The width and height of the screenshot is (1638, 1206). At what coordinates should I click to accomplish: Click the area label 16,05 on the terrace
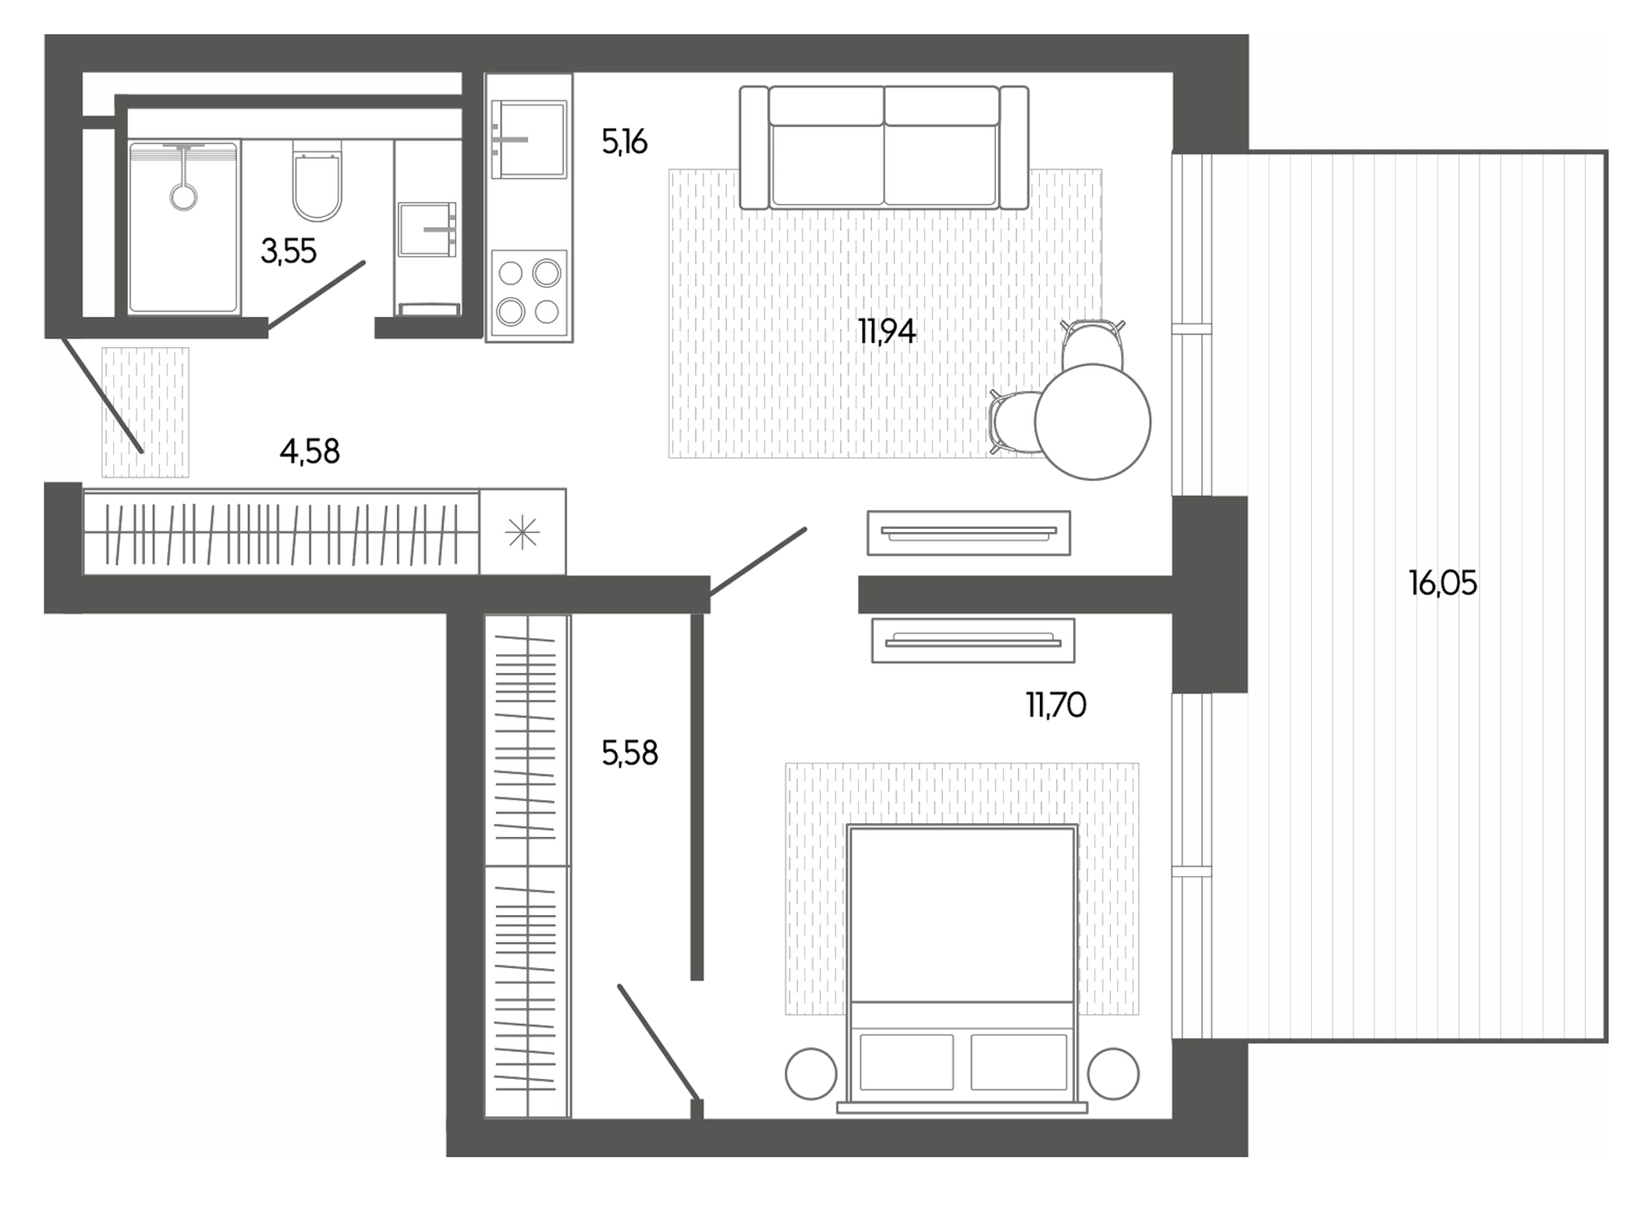1442,583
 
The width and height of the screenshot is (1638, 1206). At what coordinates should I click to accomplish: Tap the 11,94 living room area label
886,332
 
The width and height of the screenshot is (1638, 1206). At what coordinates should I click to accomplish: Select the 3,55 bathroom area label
289,252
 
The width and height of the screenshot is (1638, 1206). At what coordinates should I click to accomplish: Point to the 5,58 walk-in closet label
629,754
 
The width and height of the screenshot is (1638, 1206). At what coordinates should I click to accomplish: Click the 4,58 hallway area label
310,452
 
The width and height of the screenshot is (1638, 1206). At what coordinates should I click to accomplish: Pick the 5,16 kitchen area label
624,143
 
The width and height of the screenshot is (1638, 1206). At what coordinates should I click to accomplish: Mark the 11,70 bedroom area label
1055,705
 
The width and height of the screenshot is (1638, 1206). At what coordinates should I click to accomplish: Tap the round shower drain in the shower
183,197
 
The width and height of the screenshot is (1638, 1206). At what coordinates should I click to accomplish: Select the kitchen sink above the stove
531,140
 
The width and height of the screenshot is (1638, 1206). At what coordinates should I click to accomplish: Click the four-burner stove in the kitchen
529,293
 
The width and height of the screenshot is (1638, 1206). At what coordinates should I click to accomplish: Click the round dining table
1092,422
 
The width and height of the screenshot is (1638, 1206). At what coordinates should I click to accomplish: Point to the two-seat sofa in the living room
884,148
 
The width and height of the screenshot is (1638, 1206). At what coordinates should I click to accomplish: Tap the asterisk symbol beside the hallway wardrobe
522,534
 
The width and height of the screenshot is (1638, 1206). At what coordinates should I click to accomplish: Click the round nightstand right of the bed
1113,1073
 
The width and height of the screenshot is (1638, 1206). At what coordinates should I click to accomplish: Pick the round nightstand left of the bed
810,1073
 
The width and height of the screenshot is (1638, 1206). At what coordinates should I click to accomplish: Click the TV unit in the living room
968,534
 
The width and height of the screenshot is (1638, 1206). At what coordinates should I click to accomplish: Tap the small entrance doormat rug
145,412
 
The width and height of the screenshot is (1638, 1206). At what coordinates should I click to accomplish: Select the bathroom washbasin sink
426,229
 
